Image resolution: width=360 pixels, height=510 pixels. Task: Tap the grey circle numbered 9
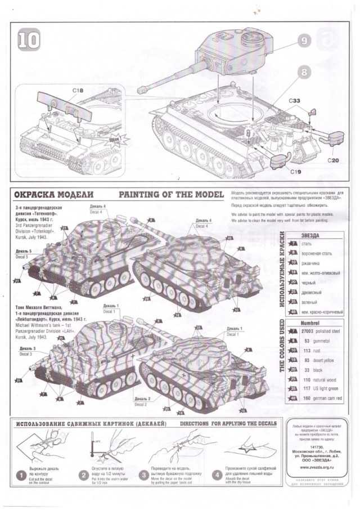point(304,41)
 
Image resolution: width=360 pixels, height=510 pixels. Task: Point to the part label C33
point(301,101)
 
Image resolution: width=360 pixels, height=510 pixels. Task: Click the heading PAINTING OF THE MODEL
point(171,195)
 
